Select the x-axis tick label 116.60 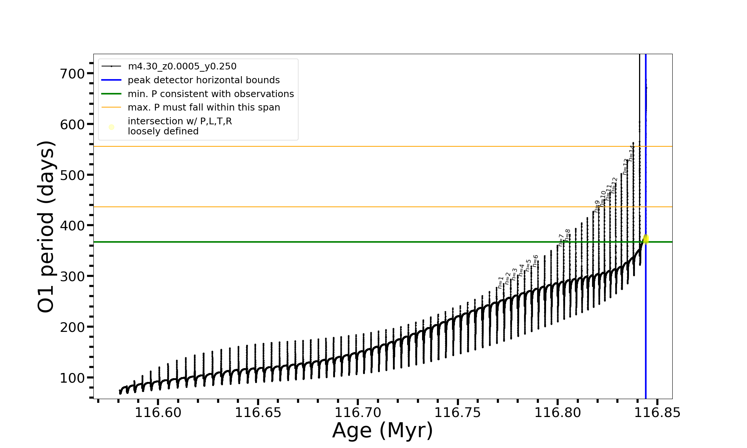[x=158, y=413]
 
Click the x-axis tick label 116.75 [x=458, y=413]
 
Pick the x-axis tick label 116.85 [x=657, y=413]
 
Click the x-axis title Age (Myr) [x=382, y=430]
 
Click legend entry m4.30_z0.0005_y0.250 [x=182, y=66]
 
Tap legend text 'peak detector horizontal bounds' [x=204, y=80]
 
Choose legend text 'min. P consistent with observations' [x=211, y=94]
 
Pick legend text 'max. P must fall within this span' [x=204, y=108]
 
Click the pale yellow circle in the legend [x=111, y=127]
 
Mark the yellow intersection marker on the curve [x=646, y=239]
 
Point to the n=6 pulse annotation [x=535, y=261]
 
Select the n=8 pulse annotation [x=567, y=235]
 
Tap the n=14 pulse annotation [x=631, y=153]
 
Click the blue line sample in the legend [x=111, y=80]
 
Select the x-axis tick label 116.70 [x=358, y=413]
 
